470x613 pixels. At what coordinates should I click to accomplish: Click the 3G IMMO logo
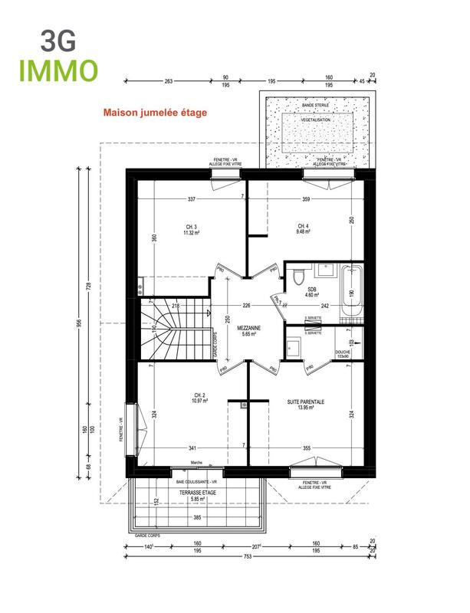pyautogui.click(x=61, y=55)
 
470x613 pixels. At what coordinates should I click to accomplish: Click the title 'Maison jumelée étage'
pyautogui.click(x=155, y=111)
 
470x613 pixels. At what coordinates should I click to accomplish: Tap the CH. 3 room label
pyautogui.click(x=191, y=230)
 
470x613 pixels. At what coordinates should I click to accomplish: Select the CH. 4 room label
pyautogui.click(x=303, y=230)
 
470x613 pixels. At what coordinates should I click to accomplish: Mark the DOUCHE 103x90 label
pyautogui.click(x=343, y=354)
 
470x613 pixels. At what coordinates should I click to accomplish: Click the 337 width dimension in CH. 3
pyautogui.click(x=191, y=199)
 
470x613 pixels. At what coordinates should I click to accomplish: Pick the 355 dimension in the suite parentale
pyautogui.click(x=306, y=447)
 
